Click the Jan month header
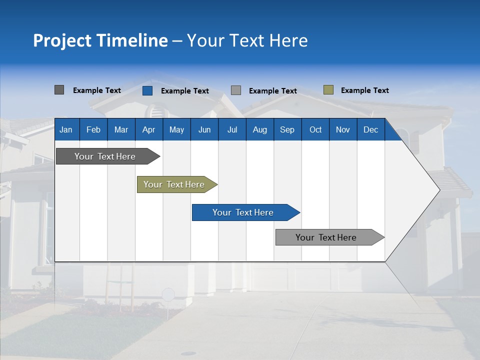pyautogui.click(x=66, y=129)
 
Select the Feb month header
pyautogui.click(x=93, y=129)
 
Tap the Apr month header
pyautogui.click(x=148, y=129)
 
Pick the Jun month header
pyautogui.click(x=204, y=129)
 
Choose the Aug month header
pyautogui.click(x=259, y=129)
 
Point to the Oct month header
pyautogui.click(x=315, y=129)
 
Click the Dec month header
pyautogui.click(x=370, y=129)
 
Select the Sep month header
pyautogui.click(x=287, y=129)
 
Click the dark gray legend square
pyautogui.click(x=59, y=90)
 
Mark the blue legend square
pyautogui.click(x=147, y=90)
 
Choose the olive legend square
pyautogui.click(x=328, y=90)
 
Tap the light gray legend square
pyautogui.click(x=236, y=90)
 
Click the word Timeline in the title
pyautogui.click(x=131, y=40)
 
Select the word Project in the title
pyautogui.click(x=61, y=40)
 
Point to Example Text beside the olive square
pyautogui.click(x=364, y=90)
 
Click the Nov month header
pyautogui.click(x=343, y=129)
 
